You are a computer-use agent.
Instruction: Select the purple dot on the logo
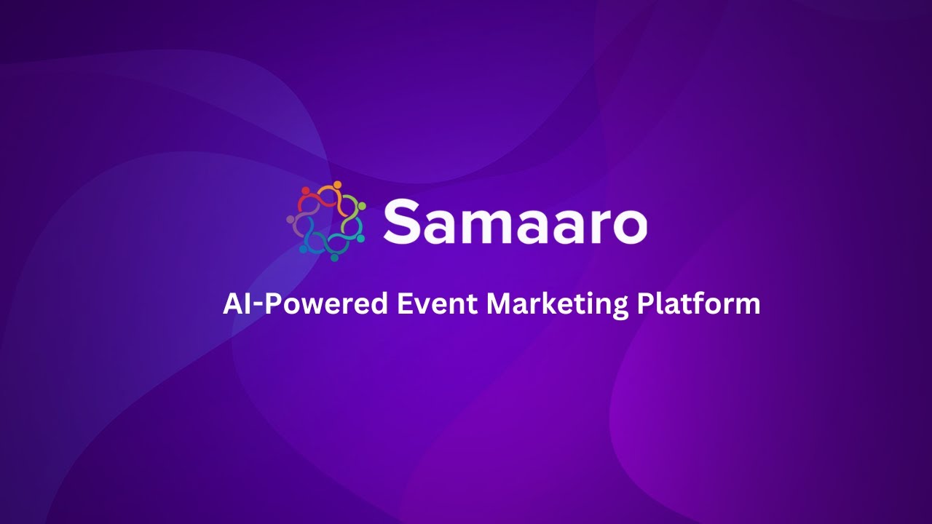coord(291,219)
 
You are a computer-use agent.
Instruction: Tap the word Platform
coord(698,303)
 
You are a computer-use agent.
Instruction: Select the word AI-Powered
coord(305,303)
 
